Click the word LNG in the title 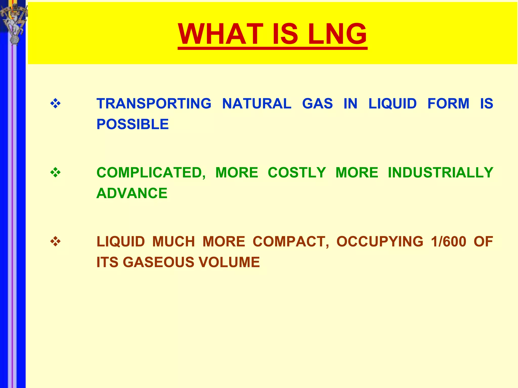337,34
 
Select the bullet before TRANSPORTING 55,104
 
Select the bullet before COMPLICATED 55,173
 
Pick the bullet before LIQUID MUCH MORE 55,242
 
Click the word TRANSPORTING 154,104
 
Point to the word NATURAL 256,104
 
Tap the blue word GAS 317,104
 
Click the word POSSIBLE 133,124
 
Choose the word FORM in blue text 448,104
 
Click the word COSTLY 297,173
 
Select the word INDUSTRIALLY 440,173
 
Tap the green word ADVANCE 132,193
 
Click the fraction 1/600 448,242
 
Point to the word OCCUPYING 380,242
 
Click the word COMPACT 291,242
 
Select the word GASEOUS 159,262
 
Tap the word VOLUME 229,262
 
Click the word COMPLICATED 151,173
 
